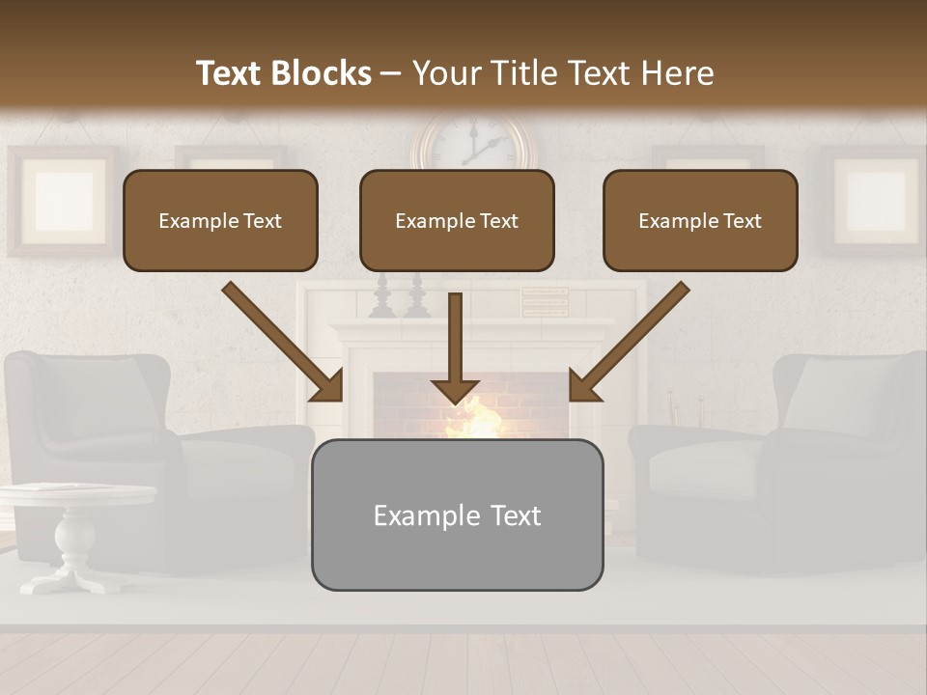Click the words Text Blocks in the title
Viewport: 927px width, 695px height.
(x=283, y=73)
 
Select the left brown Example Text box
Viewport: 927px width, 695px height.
(x=220, y=221)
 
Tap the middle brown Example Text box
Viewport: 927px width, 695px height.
(x=457, y=221)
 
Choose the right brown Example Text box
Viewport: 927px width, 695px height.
(x=700, y=221)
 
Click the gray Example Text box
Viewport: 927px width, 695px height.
(x=457, y=515)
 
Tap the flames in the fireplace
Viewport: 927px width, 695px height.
(x=473, y=419)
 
